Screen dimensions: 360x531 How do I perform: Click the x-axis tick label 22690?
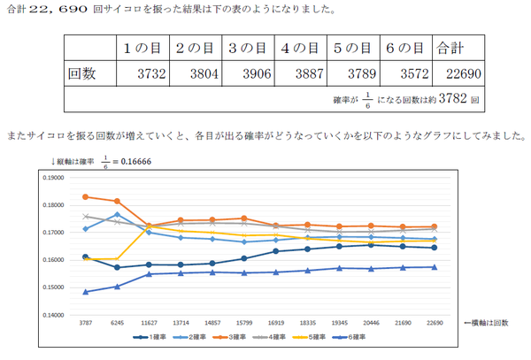point(432,325)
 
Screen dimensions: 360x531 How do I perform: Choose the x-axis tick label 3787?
point(86,325)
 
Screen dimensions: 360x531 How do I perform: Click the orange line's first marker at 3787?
point(86,196)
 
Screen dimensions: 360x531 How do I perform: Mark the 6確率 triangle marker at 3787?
point(86,292)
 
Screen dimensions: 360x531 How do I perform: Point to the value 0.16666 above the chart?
point(124,161)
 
